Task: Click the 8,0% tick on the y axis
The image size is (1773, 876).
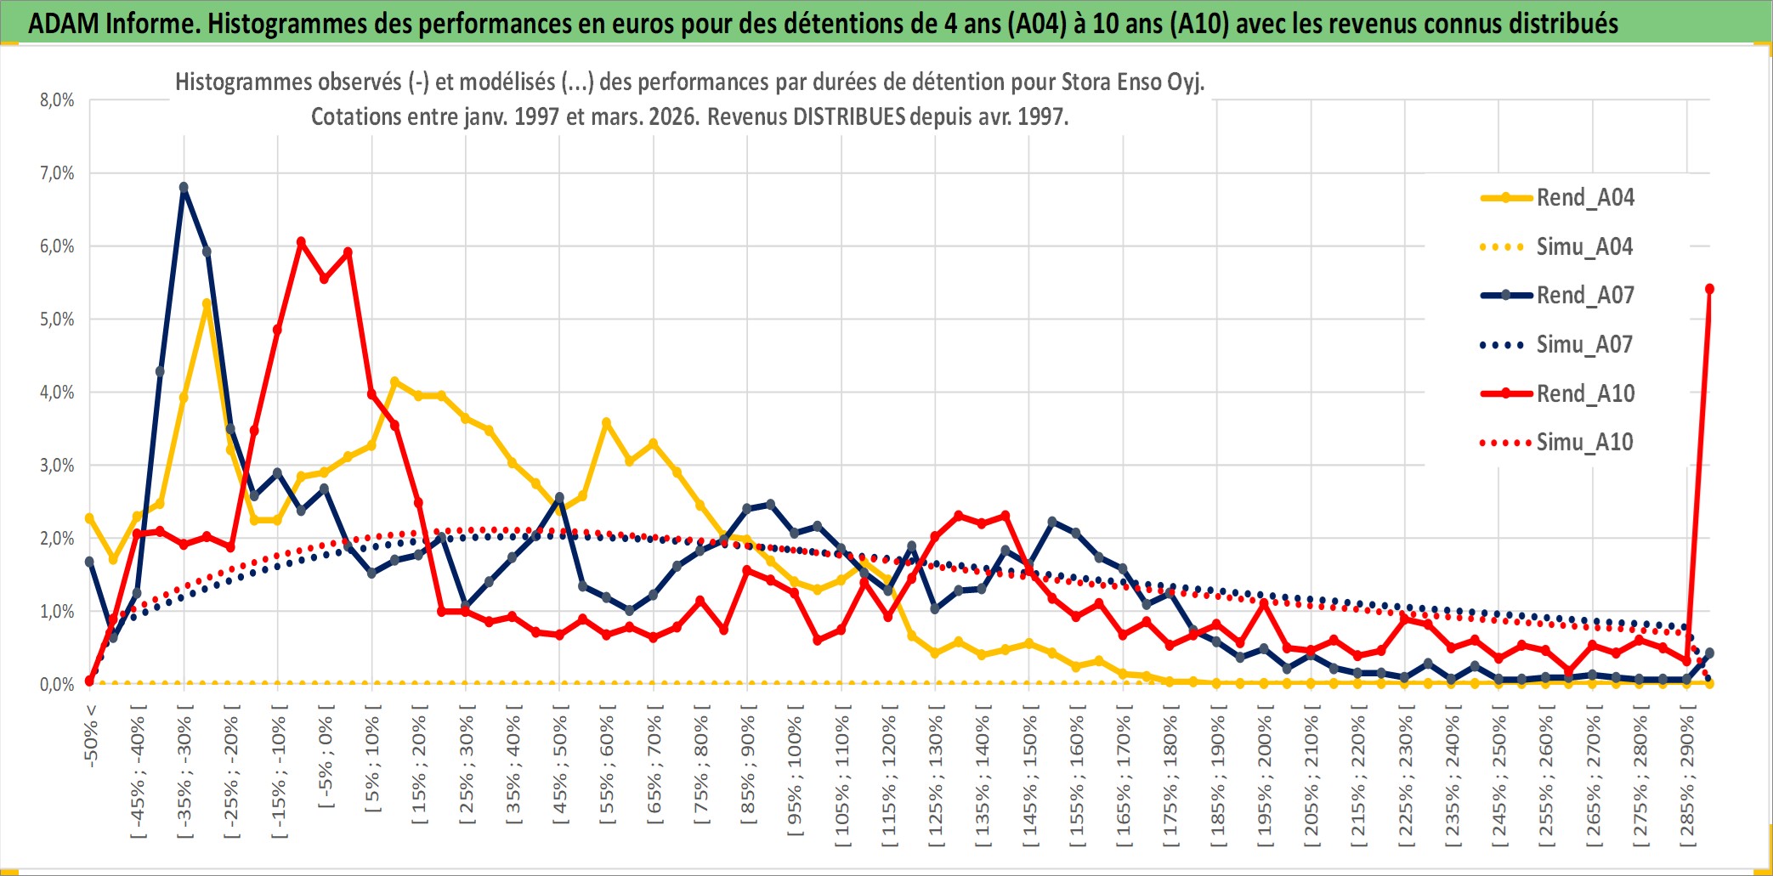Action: tap(57, 100)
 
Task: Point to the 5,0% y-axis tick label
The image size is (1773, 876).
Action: tap(57, 319)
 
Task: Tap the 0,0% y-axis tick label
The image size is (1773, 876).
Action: tap(57, 684)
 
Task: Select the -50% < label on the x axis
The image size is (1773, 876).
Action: tap(91, 736)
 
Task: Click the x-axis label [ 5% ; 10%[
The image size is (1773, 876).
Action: tap(372, 763)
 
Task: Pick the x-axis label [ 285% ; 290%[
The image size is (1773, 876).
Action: tap(1687, 780)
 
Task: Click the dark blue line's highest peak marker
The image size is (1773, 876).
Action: tap(184, 188)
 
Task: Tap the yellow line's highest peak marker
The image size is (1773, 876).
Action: tap(207, 303)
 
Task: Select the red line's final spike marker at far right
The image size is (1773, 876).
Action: tap(1709, 289)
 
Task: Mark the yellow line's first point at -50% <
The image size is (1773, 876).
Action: tap(89, 517)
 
